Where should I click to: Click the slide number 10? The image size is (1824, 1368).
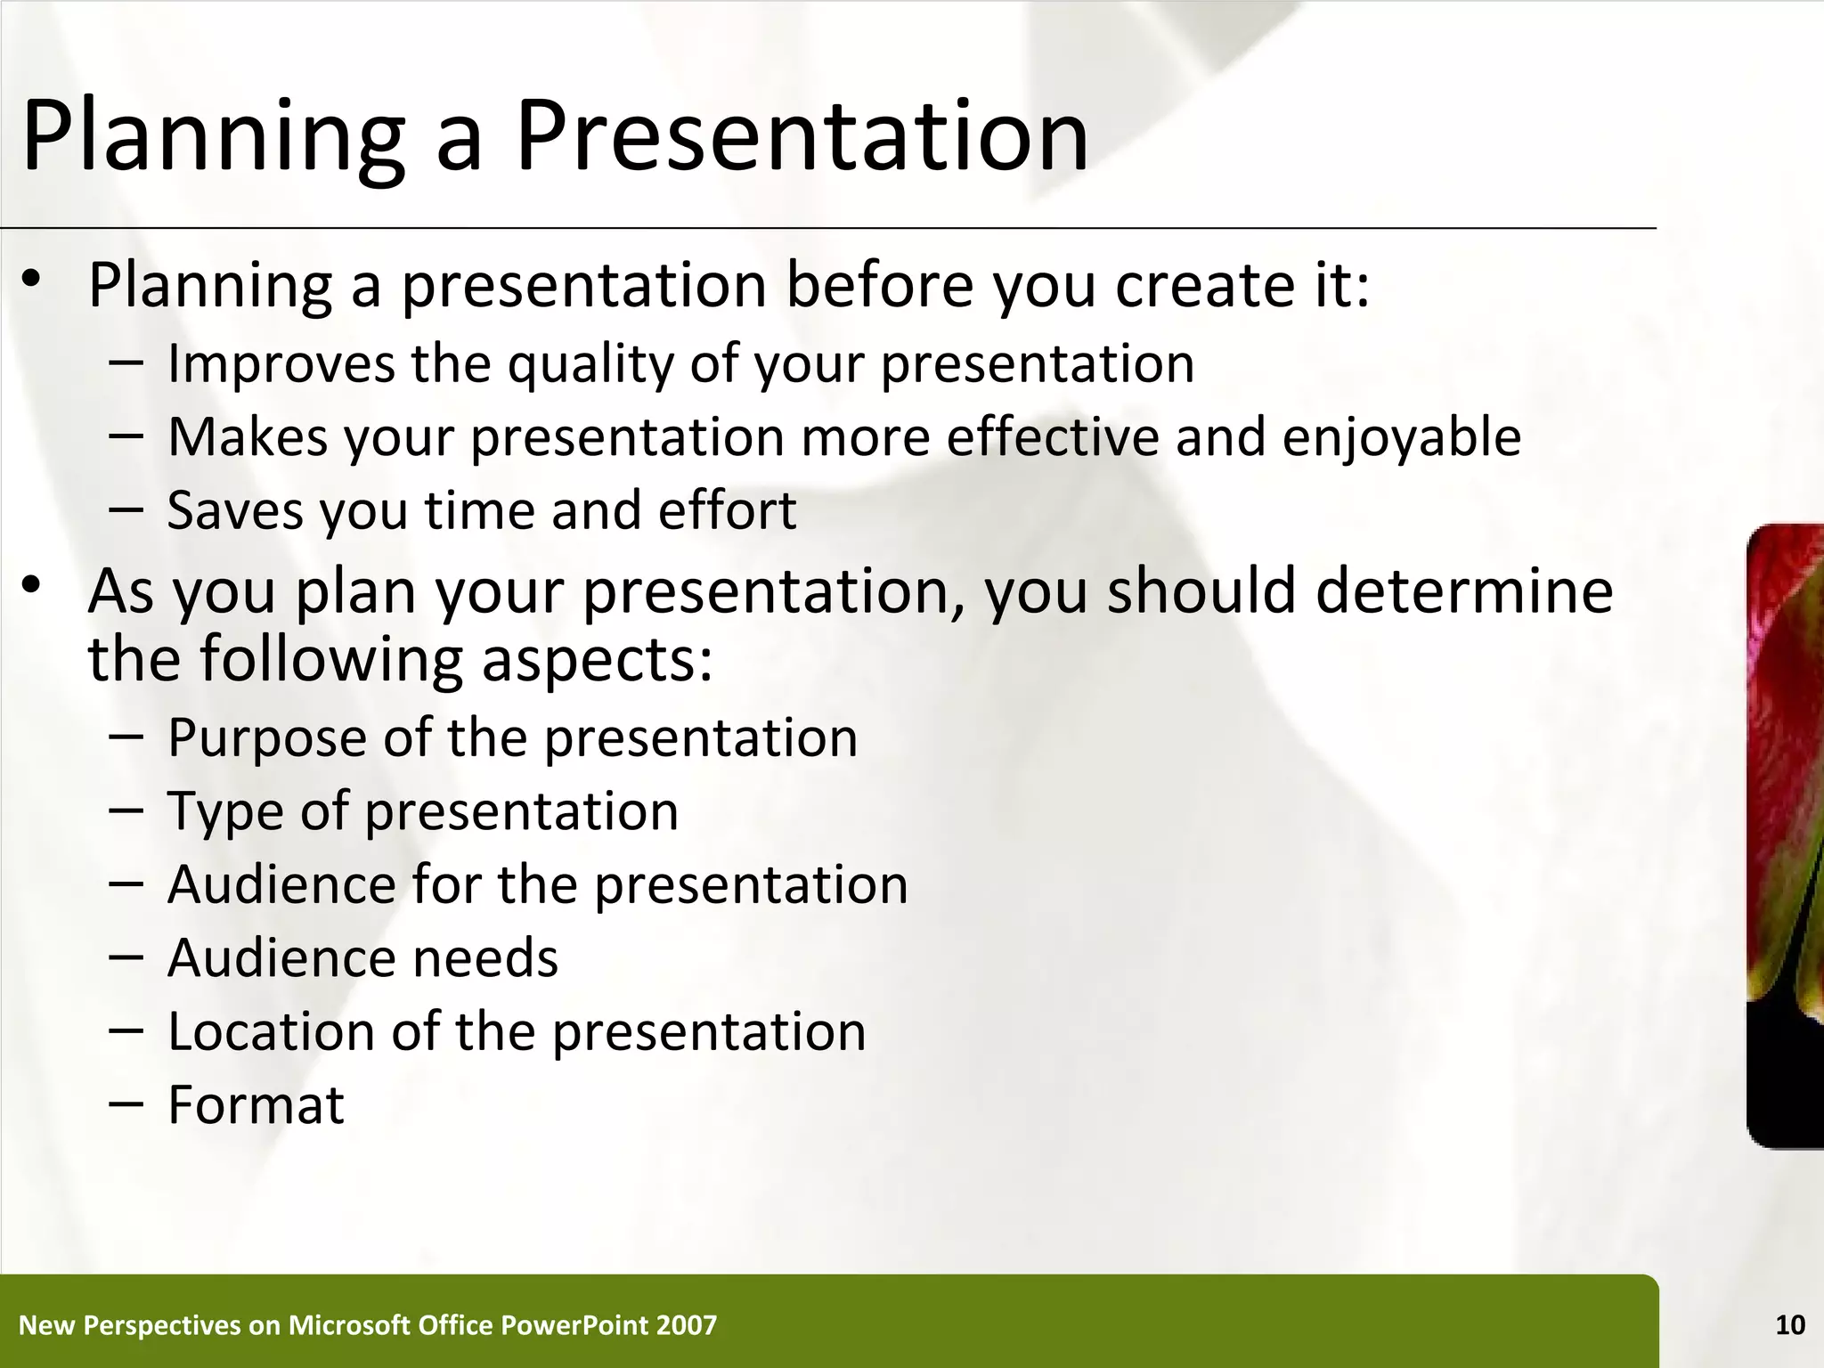tap(1790, 1325)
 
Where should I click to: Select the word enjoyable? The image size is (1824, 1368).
tap(1401, 437)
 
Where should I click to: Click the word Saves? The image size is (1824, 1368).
tap(234, 510)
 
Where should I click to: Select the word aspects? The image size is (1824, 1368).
tap(597, 660)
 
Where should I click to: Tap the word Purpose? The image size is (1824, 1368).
tap(265, 738)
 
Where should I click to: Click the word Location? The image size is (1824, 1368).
tap(271, 1031)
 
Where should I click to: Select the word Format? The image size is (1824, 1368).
tap(256, 1104)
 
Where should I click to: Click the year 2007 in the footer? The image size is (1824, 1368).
tap(686, 1325)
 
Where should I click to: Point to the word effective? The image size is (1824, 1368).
tap(1051, 437)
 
